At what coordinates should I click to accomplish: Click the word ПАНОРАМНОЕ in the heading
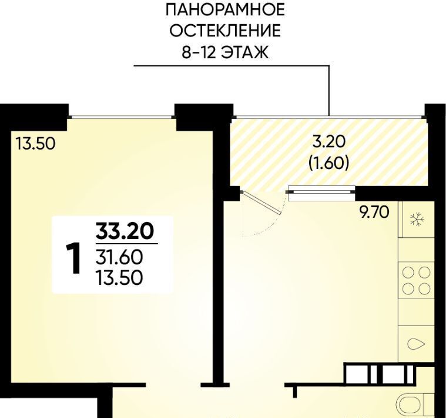coord(225,11)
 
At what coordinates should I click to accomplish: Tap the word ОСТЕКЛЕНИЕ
coord(225,31)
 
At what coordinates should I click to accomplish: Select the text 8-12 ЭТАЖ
coord(225,52)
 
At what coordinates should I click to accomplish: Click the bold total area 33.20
coord(125,231)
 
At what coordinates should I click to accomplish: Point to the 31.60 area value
coord(119,258)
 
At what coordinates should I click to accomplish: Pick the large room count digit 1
coord(72,258)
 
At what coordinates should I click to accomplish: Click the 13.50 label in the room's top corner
coord(35,143)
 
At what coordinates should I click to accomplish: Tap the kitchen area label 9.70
coord(374,212)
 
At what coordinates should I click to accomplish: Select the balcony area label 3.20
coord(328,142)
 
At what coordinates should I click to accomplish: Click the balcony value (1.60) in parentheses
coord(328,163)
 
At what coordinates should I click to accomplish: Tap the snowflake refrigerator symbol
coord(417,220)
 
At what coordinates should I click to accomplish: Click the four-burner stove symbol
coord(415,280)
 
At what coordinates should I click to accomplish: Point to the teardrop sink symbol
coord(416,344)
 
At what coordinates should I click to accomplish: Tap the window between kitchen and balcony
coord(321,193)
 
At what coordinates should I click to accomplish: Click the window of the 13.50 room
coord(122,117)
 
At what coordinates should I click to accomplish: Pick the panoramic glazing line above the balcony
coord(328,116)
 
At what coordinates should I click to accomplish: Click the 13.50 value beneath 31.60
coord(119,278)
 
